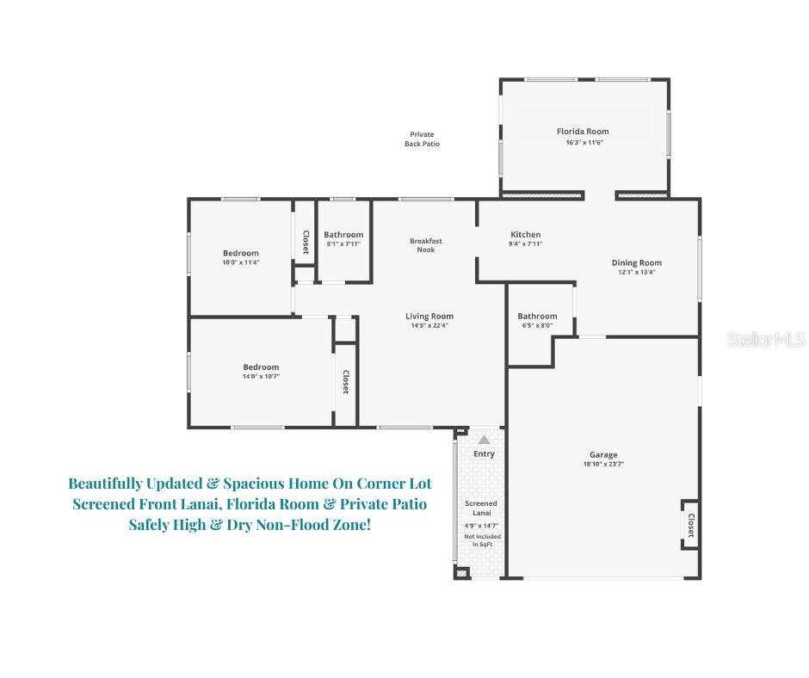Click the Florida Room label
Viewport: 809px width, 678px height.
tap(583, 132)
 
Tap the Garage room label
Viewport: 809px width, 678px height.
tap(603, 455)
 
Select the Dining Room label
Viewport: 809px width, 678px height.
tap(637, 263)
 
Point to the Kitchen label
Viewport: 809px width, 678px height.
tap(525, 235)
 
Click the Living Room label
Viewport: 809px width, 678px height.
tap(429, 317)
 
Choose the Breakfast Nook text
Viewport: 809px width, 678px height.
tap(425, 245)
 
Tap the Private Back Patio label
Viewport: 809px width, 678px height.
tap(422, 139)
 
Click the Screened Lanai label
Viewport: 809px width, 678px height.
tap(481, 508)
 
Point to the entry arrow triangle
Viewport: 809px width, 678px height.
tap(484, 440)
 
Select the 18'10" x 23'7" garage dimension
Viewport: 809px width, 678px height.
tap(603, 465)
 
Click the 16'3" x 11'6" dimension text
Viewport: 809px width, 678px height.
tap(583, 142)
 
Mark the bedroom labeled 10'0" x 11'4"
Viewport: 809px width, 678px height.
tap(241, 257)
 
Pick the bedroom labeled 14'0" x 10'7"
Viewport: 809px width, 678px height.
tap(262, 372)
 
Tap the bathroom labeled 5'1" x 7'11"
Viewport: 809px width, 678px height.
tap(343, 238)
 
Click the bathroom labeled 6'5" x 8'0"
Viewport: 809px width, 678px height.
tap(537, 320)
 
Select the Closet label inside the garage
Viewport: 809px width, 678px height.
tap(690, 524)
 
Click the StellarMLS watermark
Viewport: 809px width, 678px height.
tap(765, 340)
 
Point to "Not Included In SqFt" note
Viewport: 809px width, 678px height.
tap(482, 540)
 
